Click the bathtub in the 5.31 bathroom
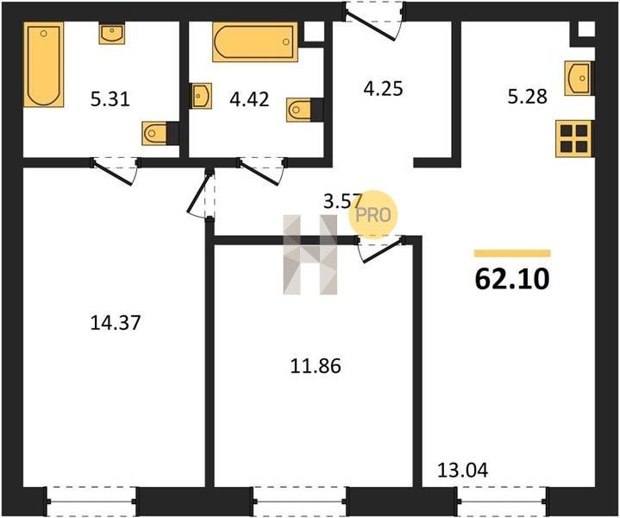point(44,65)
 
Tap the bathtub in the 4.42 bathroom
point(255,42)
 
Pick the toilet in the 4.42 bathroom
point(304,110)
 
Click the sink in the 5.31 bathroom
point(112,34)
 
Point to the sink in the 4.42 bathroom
point(201,96)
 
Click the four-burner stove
point(574,139)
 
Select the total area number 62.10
point(512,278)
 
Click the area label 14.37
point(116,323)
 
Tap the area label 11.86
point(316,366)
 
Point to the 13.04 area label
point(462,470)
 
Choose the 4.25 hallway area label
point(383,88)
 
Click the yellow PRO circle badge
point(373,215)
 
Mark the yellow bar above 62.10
point(512,254)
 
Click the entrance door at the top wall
point(374,20)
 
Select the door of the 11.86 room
point(381,250)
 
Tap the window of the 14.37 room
point(91,501)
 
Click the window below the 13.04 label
point(502,501)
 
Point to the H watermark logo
point(310,255)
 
